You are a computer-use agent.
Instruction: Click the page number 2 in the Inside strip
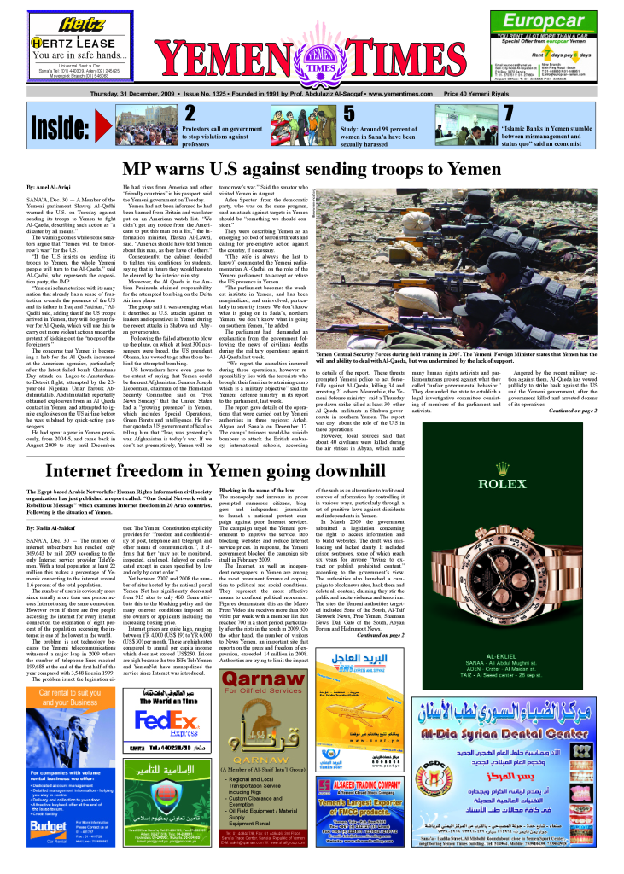[x=190, y=114]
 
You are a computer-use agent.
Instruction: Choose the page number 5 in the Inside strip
[x=349, y=114]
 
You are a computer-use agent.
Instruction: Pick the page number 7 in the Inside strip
[x=509, y=114]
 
